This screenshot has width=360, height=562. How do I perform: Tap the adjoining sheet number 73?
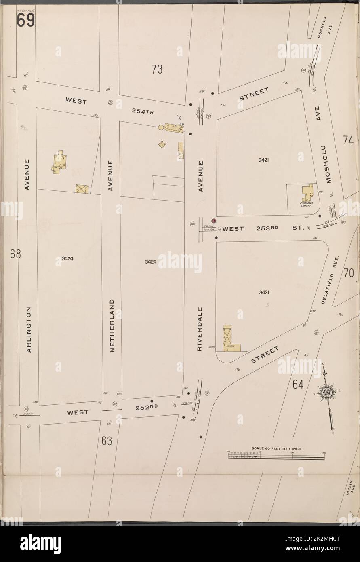pyautogui.click(x=157, y=70)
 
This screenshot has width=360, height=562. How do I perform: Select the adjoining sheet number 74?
pyautogui.click(x=348, y=140)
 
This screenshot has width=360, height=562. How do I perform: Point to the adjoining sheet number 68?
pyautogui.click(x=16, y=255)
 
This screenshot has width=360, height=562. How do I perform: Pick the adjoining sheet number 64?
pyautogui.click(x=298, y=385)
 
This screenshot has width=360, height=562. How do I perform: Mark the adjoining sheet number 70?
pyautogui.click(x=349, y=274)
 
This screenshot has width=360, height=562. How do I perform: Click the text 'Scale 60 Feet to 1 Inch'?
pyautogui.click(x=276, y=449)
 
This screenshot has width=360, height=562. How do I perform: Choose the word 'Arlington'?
pyautogui.click(x=29, y=330)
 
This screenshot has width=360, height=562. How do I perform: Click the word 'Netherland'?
pyautogui.click(x=112, y=325)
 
